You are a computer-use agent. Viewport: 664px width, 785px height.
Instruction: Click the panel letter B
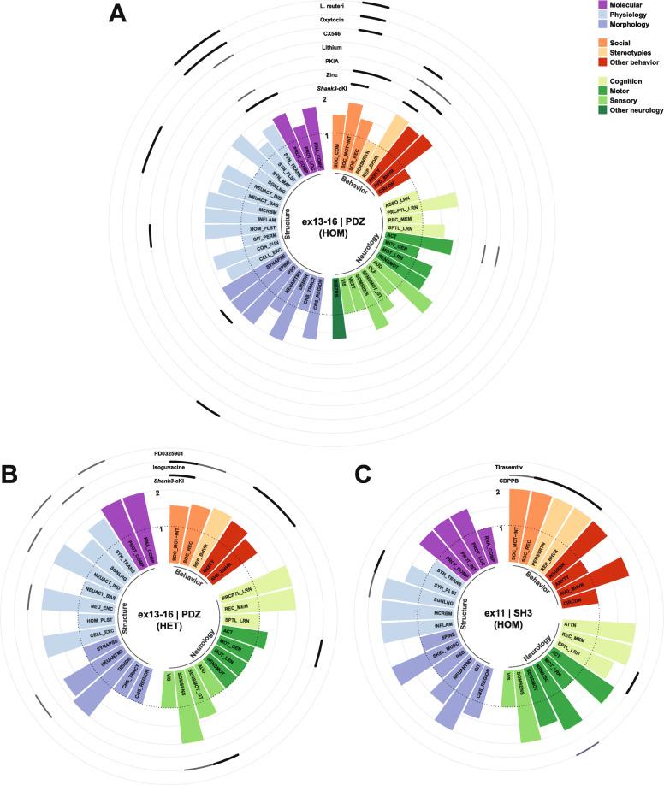coord(11,473)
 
